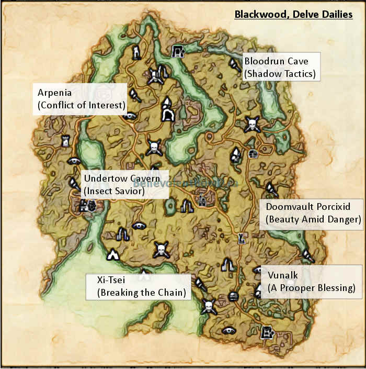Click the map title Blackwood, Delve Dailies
click(293, 14)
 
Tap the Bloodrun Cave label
click(276, 61)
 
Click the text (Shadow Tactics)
click(280, 74)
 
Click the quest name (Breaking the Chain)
click(142, 293)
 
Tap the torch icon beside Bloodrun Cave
click(233, 64)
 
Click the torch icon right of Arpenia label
click(135, 95)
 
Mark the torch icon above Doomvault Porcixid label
click(271, 188)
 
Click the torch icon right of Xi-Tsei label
click(199, 283)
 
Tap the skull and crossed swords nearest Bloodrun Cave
click(252, 125)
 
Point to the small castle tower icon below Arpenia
click(66, 140)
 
